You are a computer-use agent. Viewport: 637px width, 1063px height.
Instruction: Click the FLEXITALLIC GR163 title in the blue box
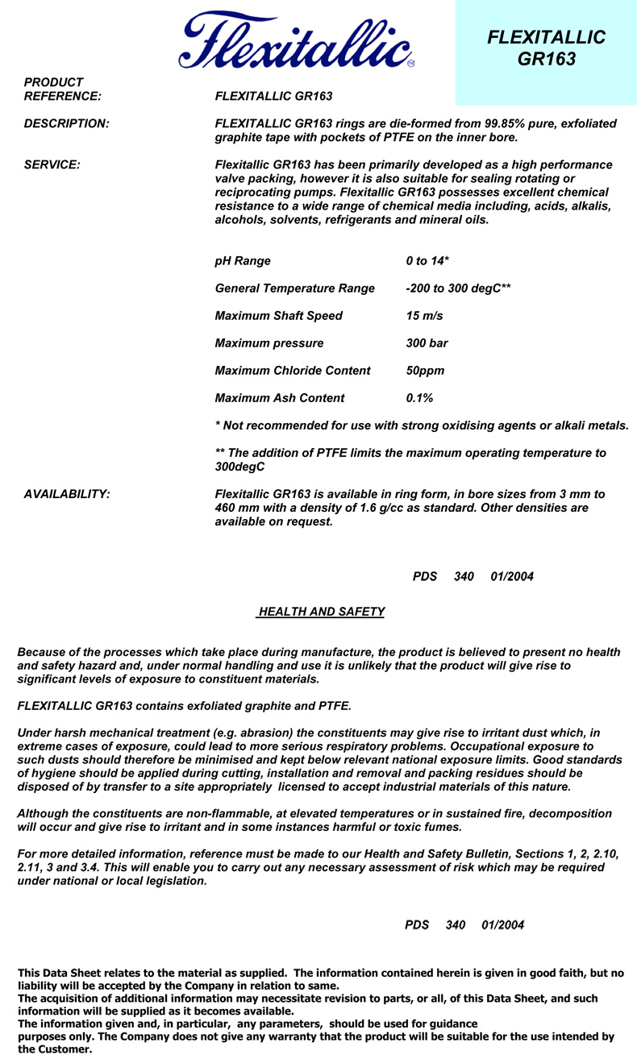(546, 48)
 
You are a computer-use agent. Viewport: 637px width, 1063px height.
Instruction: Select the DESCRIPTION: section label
(66, 124)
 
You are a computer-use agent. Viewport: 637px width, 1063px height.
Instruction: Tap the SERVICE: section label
(52, 164)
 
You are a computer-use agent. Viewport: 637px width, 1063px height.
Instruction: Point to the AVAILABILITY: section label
(67, 494)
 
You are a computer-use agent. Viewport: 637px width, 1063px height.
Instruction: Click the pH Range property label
(243, 261)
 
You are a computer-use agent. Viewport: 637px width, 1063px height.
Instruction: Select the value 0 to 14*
(427, 261)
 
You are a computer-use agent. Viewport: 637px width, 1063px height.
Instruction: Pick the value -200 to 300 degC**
(458, 289)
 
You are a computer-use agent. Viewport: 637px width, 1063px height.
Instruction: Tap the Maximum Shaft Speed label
(278, 316)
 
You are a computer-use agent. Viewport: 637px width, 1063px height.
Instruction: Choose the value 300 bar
(427, 343)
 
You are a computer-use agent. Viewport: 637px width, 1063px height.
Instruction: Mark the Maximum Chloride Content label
(293, 371)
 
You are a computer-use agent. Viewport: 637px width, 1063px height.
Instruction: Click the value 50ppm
(425, 371)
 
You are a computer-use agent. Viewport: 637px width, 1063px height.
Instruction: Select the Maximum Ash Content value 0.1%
(419, 398)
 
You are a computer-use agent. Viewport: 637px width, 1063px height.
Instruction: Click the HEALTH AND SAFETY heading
(321, 612)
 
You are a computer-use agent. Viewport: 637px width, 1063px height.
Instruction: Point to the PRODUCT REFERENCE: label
(62, 89)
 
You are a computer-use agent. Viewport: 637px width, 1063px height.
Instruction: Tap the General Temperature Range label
(294, 289)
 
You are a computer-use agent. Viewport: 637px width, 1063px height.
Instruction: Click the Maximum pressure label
(269, 343)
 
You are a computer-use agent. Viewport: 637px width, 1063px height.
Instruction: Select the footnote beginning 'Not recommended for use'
(421, 426)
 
